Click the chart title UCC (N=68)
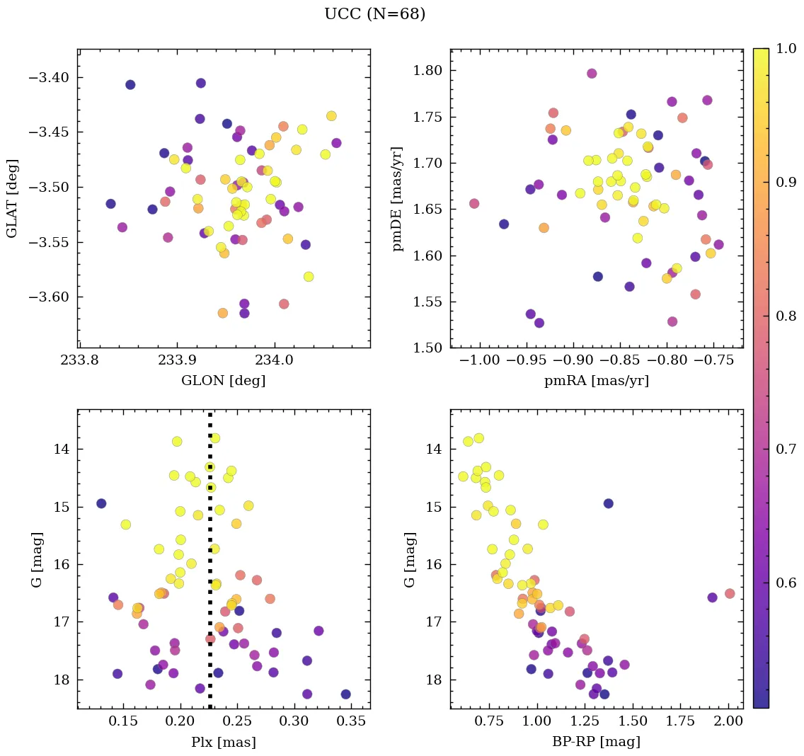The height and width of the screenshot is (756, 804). (x=374, y=14)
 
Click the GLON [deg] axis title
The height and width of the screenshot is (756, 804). (x=224, y=381)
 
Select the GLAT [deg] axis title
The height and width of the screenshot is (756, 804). (x=12, y=198)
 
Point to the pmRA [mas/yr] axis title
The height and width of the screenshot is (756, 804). (x=596, y=381)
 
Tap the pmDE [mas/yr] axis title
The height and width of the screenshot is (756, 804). (x=398, y=199)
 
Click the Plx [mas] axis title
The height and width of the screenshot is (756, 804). (x=224, y=742)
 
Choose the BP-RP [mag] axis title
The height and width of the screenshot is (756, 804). (x=596, y=742)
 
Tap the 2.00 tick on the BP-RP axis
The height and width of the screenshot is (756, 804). (x=729, y=722)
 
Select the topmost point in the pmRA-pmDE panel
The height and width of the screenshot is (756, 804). (x=592, y=74)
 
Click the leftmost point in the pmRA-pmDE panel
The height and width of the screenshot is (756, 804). (x=474, y=204)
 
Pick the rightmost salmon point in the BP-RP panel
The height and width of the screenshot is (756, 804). (x=730, y=593)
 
